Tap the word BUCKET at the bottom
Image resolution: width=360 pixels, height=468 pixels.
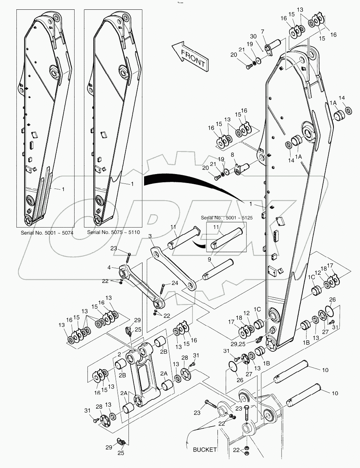[x=205, y=450]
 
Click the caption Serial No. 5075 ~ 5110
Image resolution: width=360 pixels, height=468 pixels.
[x=113, y=233]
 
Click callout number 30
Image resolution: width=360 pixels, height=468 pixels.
[x=253, y=36]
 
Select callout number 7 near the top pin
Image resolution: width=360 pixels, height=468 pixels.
[x=262, y=31]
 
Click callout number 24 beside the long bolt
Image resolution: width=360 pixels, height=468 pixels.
[x=174, y=283]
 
